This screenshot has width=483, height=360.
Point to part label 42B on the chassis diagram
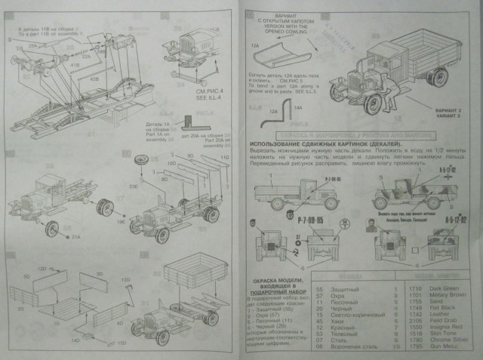tap(96, 77)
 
